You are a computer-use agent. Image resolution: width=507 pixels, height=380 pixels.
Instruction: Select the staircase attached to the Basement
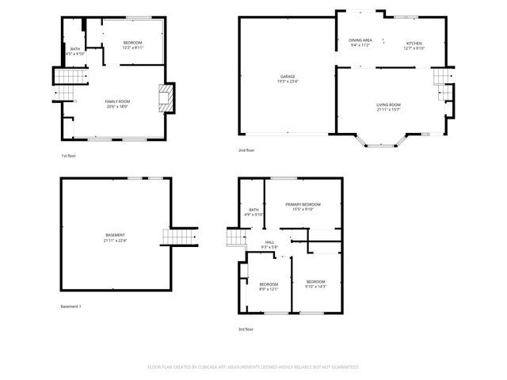[180, 237]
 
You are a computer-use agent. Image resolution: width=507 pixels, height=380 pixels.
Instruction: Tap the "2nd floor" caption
[246, 150]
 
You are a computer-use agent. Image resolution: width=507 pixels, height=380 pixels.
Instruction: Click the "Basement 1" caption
[71, 306]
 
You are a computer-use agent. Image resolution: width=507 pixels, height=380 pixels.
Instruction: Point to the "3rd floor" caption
[246, 329]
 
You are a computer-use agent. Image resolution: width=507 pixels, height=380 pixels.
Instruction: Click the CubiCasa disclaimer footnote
[253, 367]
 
